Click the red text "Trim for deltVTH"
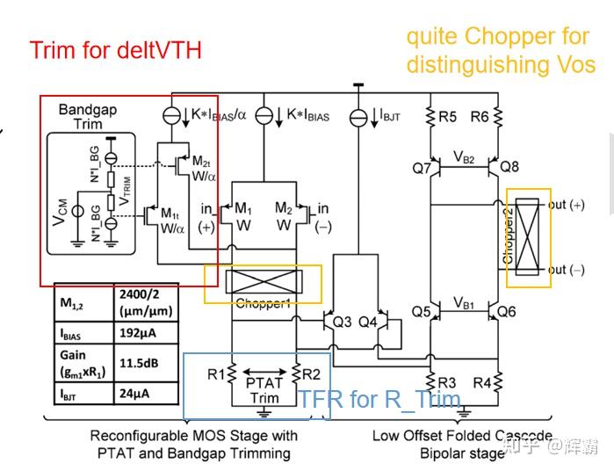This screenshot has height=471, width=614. (x=116, y=50)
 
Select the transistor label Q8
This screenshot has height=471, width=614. (x=510, y=166)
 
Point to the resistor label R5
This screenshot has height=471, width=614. (x=448, y=116)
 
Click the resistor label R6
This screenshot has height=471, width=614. (x=479, y=116)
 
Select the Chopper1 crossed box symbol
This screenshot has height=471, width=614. (x=264, y=283)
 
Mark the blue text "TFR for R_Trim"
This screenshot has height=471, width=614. (x=379, y=400)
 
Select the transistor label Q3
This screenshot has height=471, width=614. (x=343, y=322)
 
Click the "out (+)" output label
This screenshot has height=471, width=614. (x=567, y=204)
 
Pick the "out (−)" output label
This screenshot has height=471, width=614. (x=567, y=270)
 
